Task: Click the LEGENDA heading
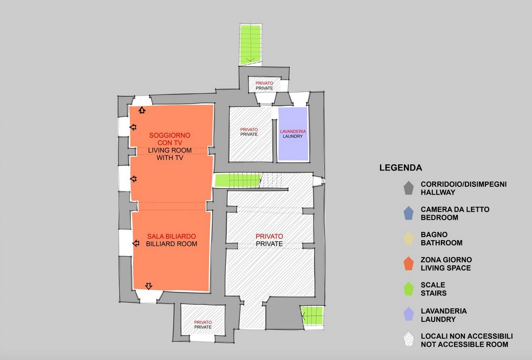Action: tap(401, 167)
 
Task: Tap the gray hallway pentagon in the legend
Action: tap(409, 188)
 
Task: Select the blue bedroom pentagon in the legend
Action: tap(409, 214)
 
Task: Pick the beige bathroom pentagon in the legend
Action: tap(409, 239)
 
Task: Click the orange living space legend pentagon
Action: tap(409, 264)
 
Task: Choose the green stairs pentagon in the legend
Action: tap(409, 289)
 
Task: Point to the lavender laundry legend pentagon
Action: tap(409, 314)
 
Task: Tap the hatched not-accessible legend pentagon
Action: tap(409, 340)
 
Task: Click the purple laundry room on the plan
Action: tap(293, 134)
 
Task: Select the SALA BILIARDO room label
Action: tap(172, 236)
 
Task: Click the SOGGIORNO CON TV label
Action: tap(169, 139)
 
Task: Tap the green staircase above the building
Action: tap(250, 45)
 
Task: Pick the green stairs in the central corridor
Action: tap(238, 180)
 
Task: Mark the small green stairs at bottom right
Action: tap(312, 316)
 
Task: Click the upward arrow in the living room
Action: tap(142, 110)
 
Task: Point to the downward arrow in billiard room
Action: tap(148, 286)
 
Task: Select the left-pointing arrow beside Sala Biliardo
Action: tap(136, 243)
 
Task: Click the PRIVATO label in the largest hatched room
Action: tap(269, 236)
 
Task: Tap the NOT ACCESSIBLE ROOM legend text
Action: tap(464, 345)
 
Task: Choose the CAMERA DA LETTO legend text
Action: tap(455, 209)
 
